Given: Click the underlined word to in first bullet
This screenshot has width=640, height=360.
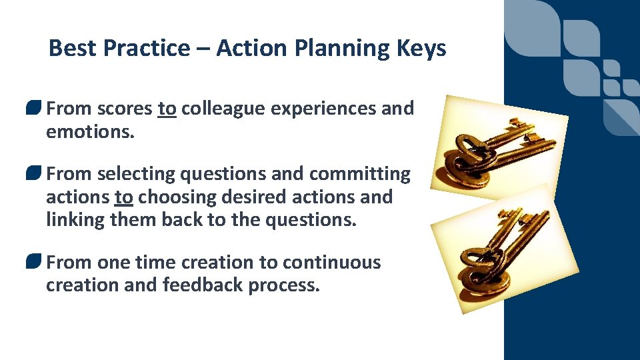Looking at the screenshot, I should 167,109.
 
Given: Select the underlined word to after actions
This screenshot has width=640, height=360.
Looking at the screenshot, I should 123,197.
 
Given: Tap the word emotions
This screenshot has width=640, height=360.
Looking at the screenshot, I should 90,131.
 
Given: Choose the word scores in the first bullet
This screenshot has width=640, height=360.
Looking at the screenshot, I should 125,109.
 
